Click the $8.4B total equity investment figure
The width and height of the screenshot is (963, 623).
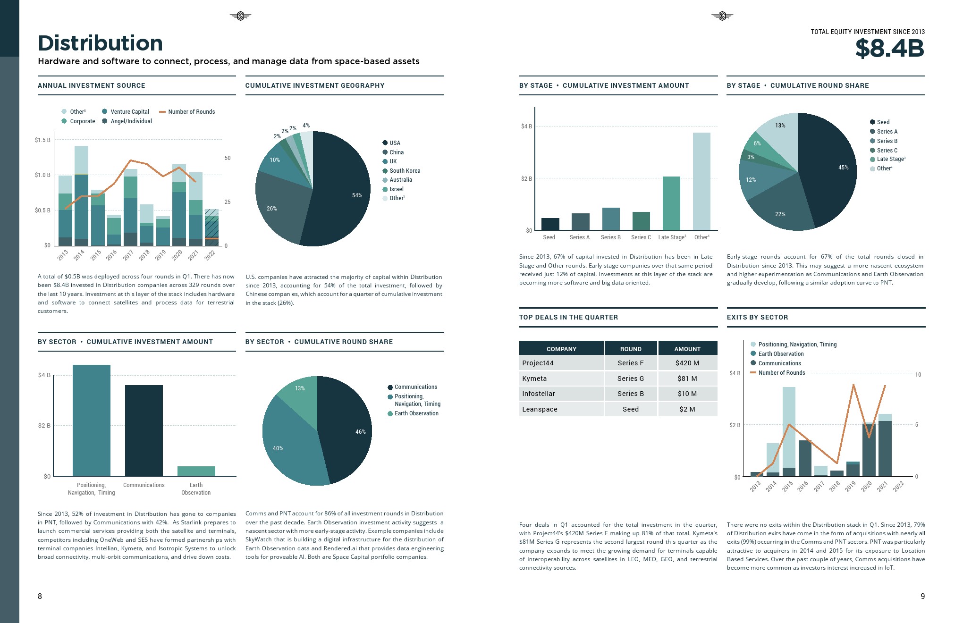coord(889,49)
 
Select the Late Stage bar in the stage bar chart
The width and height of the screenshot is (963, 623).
coord(671,203)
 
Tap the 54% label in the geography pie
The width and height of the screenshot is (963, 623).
coord(357,195)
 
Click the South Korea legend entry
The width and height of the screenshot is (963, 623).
coord(405,171)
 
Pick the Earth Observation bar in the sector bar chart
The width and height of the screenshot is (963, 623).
coord(196,471)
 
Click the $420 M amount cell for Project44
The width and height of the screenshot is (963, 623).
coord(687,363)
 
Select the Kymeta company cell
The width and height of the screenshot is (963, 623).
coord(534,379)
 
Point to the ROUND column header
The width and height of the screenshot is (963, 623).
coord(631,349)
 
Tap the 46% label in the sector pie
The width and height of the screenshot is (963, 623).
coord(360,432)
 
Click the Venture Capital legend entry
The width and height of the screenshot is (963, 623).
coord(129,112)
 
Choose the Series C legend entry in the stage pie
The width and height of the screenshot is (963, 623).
coord(887,151)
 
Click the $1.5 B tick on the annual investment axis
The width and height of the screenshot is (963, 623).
coord(42,140)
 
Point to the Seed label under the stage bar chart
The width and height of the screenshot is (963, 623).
coord(549,237)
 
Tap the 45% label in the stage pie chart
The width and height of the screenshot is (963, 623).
coord(843,168)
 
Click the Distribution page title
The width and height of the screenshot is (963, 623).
coord(101,43)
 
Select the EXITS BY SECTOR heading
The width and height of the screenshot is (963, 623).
coord(757,317)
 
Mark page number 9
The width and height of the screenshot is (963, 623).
coord(922,596)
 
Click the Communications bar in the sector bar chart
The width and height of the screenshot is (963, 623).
coord(144,430)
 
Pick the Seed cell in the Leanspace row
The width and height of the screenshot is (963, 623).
coord(630,409)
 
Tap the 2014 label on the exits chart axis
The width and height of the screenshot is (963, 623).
coord(771,487)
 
